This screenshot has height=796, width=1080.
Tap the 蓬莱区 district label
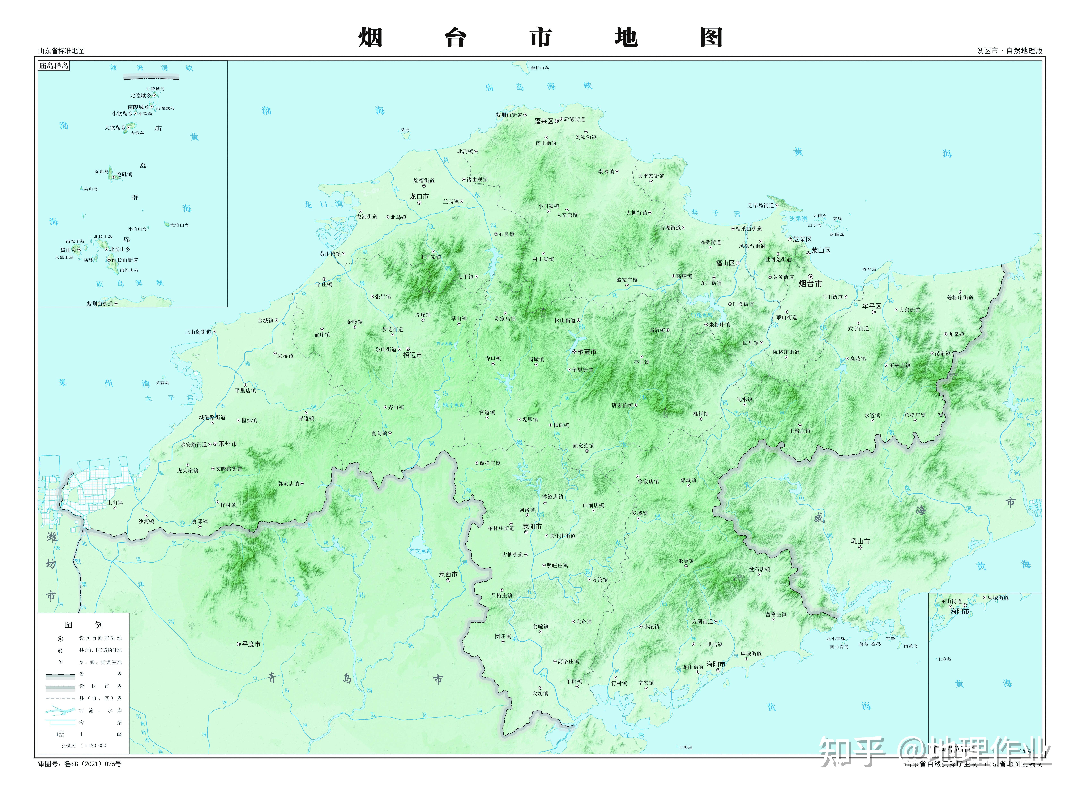(544, 121)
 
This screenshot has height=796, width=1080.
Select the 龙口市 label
(419, 197)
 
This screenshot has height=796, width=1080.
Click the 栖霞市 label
(587, 352)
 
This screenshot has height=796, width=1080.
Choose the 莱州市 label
(228, 444)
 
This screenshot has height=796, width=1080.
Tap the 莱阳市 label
(532, 527)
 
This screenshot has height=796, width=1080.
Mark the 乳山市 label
(860, 541)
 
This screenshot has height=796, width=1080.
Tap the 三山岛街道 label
(198, 332)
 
